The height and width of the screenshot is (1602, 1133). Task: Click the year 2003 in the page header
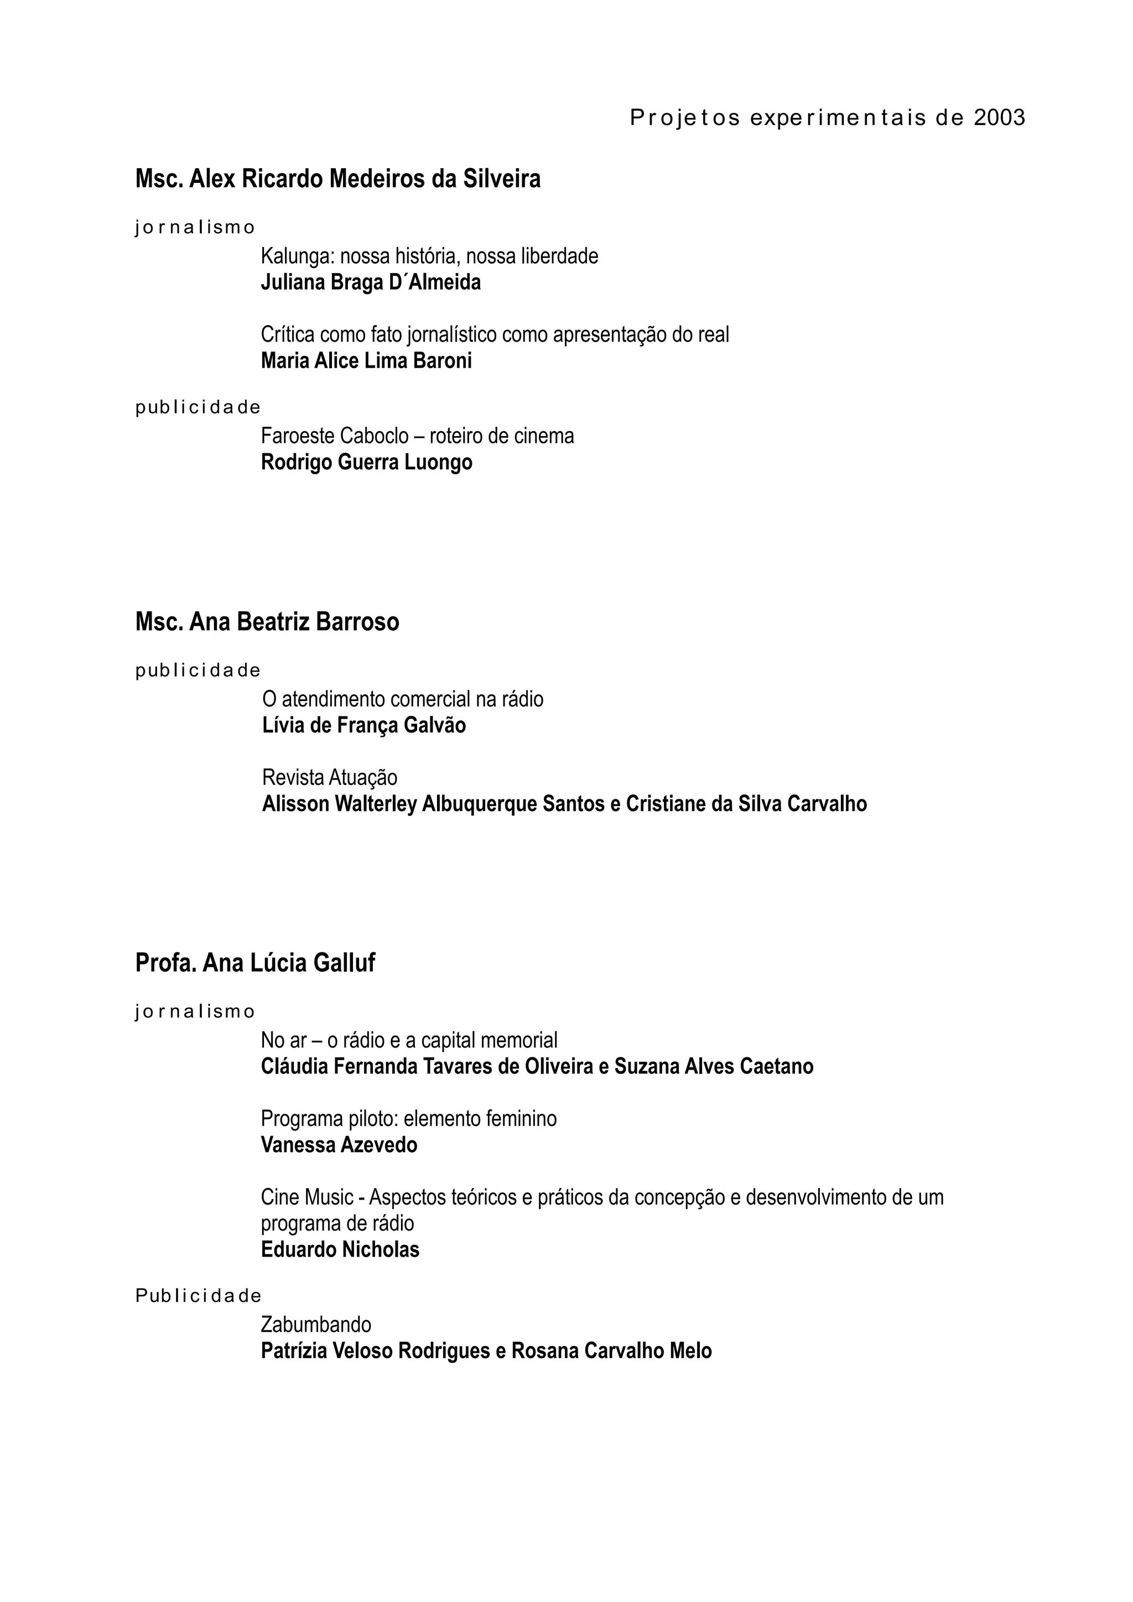coord(999,118)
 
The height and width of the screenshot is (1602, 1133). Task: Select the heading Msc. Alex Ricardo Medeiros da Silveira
coord(338,179)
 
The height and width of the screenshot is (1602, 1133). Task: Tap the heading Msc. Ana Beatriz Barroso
coord(267,622)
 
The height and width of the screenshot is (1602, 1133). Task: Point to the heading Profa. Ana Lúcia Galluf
coord(255,963)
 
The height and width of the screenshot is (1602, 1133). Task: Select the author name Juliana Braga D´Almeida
coord(371,282)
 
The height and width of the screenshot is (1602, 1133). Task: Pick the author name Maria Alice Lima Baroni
coord(366,361)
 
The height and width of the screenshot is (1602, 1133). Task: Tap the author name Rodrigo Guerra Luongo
coord(366,462)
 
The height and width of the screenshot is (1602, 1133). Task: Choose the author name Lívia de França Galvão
coord(363,726)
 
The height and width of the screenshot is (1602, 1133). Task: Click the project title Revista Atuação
coord(330,777)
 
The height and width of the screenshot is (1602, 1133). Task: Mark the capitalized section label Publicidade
coord(198,1296)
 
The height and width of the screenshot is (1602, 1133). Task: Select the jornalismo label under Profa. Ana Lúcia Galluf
coord(195,1012)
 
